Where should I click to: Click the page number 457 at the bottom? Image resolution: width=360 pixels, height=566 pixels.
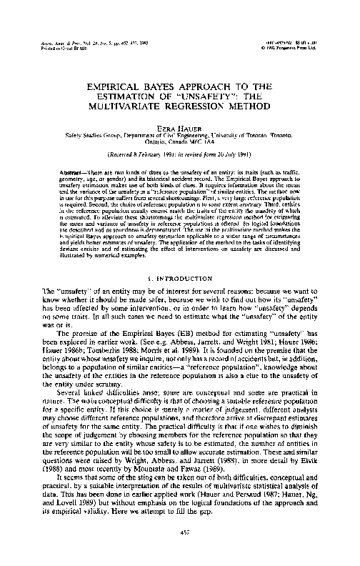179,536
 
